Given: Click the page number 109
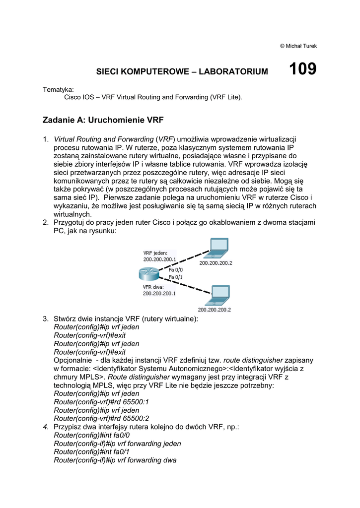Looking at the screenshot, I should [x=302, y=69].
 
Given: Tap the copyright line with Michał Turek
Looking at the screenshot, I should [x=298, y=46].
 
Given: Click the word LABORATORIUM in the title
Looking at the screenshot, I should [x=233, y=72].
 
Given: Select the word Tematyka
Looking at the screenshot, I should [x=58, y=90].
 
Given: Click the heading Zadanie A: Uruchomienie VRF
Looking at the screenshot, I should [x=103, y=120].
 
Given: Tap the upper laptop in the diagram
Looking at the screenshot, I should [x=217, y=248].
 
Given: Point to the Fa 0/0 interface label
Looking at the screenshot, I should [x=176, y=269].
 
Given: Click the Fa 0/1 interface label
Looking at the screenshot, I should [x=176, y=277].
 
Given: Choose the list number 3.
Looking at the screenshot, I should [x=46, y=318].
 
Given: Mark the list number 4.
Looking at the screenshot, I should [x=46, y=426].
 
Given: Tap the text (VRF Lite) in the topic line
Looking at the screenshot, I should [x=226, y=97].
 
